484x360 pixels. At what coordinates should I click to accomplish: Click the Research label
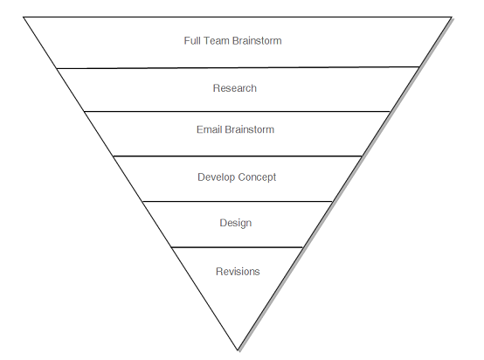tap(234, 88)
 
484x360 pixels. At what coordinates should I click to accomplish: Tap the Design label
tap(235, 223)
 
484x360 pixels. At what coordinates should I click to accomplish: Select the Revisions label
tap(238, 272)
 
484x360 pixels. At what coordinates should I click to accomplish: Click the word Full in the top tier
tap(192, 41)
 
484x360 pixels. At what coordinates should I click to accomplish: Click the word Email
tap(210, 130)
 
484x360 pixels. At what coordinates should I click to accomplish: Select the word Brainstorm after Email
tap(250, 130)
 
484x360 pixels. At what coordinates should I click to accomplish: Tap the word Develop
tap(216, 177)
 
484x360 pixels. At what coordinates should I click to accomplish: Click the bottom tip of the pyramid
tap(238, 350)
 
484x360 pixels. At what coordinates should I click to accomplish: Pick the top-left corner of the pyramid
tap(24, 17)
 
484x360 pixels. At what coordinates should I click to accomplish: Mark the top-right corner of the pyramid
tap(452, 17)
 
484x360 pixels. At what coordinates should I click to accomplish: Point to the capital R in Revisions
tap(219, 272)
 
